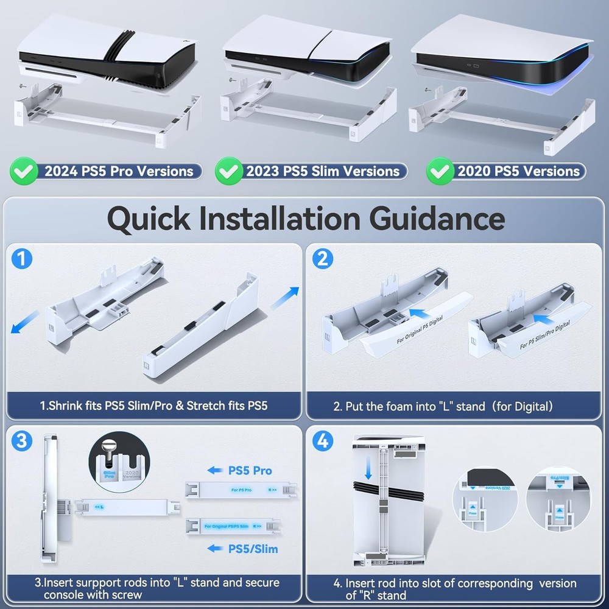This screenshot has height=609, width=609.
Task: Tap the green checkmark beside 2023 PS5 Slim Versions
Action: (228, 171)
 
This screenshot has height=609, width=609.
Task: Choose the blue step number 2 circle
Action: (322, 259)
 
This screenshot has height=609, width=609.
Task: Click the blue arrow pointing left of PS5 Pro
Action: (215, 470)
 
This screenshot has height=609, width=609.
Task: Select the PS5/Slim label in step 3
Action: (253, 549)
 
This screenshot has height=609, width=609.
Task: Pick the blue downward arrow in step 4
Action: (368, 470)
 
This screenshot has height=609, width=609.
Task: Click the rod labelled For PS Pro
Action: (244, 489)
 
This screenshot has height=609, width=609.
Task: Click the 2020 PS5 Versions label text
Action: (518, 171)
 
